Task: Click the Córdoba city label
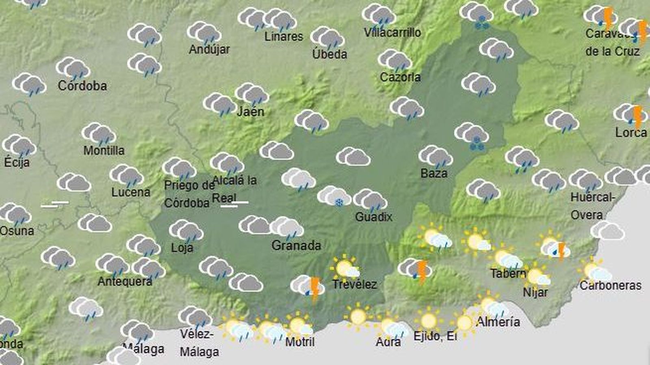click(x=82, y=86)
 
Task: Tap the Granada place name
click(x=296, y=245)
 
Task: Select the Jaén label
click(x=250, y=112)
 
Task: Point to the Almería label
click(x=498, y=322)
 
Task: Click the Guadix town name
click(x=374, y=217)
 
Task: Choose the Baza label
click(x=434, y=174)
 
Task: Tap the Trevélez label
click(x=354, y=284)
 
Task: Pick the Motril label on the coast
click(x=300, y=342)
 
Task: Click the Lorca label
click(x=630, y=133)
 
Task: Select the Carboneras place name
click(x=610, y=286)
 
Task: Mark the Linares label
click(x=284, y=36)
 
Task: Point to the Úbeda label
click(x=329, y=54)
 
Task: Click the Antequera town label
click(x=125, y=281)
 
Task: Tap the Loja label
click(x=182, y=248)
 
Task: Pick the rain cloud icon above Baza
click(x=435, y=157)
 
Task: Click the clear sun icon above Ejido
click(x=428, y=320)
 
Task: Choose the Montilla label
click(x=104, y=150)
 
